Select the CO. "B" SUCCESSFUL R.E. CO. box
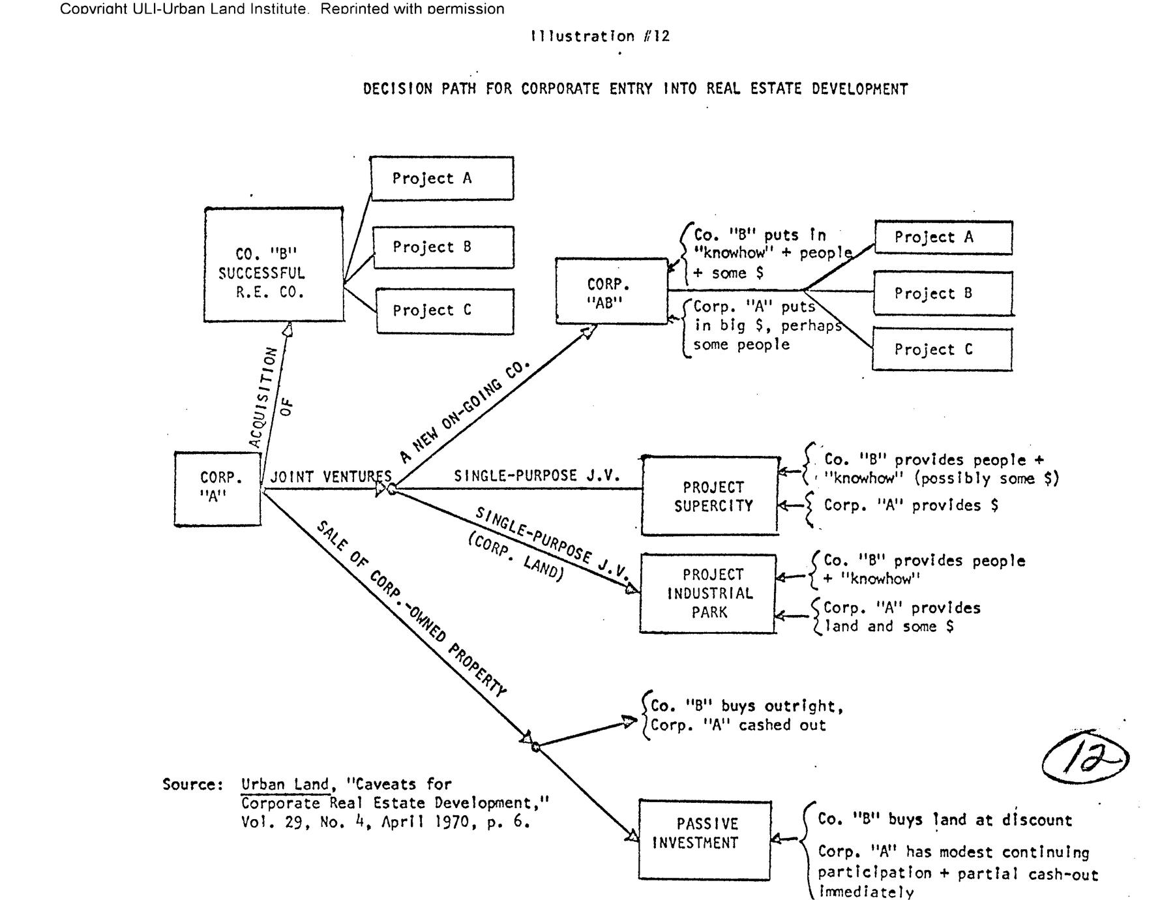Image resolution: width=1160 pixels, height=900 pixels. click(274, 265)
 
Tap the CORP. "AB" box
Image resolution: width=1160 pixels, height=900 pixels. click(611, 291)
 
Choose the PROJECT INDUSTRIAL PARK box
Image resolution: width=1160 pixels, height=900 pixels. click(708, 593)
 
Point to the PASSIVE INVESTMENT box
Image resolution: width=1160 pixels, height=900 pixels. click(704, 839)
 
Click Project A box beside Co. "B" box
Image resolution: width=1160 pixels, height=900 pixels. click(441, 178)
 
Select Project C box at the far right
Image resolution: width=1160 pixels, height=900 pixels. click(942, 350)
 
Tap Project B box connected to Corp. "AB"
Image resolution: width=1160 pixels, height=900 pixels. click(943, 293)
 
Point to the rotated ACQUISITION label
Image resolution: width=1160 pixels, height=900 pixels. click(263, 397)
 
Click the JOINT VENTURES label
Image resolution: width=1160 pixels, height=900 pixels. click(331, 477)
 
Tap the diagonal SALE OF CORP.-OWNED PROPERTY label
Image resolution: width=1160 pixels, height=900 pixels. click(412, 609)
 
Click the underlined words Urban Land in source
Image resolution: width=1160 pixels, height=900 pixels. click(284, 784)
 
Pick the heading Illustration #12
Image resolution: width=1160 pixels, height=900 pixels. click(600, 36)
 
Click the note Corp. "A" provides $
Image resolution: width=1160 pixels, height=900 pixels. click(910, 505)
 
